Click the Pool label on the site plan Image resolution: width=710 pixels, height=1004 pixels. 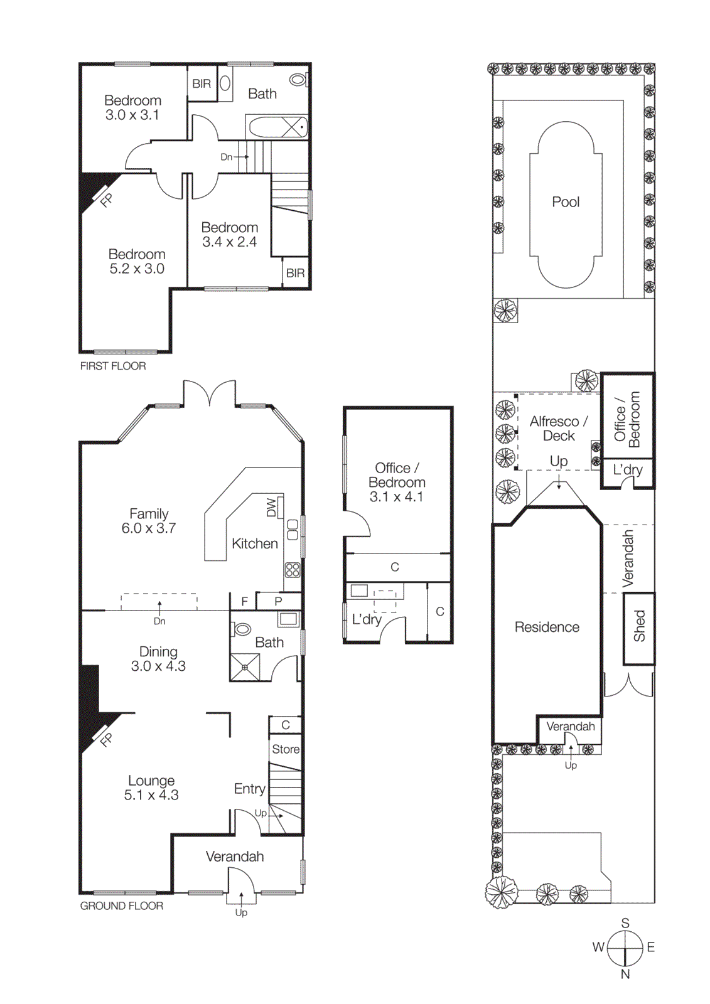click(565, 202)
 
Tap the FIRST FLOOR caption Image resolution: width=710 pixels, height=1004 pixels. click(113, 366)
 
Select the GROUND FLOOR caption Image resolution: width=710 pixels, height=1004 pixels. click(121, 905)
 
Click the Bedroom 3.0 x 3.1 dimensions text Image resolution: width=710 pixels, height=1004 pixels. click(132, 115)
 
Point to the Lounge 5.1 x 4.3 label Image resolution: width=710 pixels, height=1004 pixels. click(151, 788)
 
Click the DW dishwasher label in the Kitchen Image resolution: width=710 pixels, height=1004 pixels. click(271, 507)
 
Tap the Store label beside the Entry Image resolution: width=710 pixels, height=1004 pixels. click(286, 749)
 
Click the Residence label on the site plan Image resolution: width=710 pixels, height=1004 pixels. click(547, 627)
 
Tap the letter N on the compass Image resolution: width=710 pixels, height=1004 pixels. click(625, 974)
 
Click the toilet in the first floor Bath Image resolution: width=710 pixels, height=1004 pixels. click(298, 80)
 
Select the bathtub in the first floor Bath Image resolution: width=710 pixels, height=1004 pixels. click(277, 127)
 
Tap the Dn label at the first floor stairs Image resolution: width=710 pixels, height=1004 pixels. click(226, 157)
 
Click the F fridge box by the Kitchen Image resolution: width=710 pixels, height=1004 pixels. click(244, 601)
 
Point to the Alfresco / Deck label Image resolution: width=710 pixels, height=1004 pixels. click(559, 428)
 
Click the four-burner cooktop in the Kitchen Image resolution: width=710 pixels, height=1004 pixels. click(293, 570)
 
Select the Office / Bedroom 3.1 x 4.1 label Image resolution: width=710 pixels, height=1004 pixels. click(397, 482)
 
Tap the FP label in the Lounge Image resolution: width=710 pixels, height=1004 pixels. click(107, 740)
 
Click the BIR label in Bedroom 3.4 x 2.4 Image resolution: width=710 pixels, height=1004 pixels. click(295, 273)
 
